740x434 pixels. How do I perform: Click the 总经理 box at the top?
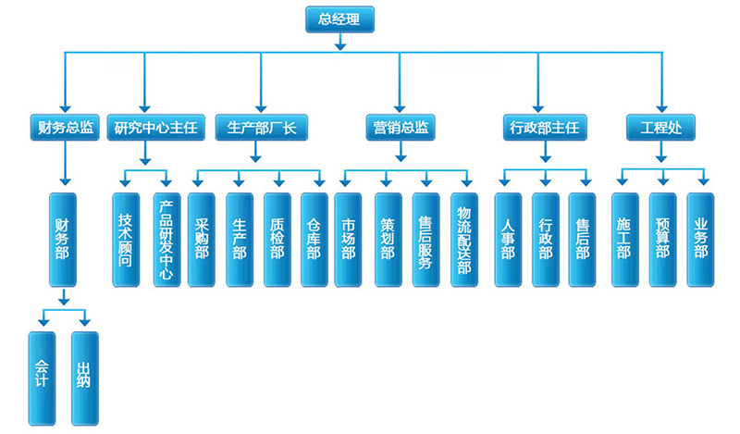339,19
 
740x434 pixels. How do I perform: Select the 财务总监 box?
63,127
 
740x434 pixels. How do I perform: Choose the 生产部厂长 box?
261,127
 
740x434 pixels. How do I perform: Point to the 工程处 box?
660,127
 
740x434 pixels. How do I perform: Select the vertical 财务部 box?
63,238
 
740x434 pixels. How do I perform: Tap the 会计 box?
40,378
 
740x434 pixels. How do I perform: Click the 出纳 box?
83,378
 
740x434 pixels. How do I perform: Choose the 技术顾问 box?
126,239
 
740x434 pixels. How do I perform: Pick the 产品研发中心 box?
166,239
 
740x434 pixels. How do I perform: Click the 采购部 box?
202,239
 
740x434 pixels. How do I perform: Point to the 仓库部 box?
314,239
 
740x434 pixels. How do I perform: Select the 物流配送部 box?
465,239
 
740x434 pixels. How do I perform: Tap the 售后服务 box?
425,239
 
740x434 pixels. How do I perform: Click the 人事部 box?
508,239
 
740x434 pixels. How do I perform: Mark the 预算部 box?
663,239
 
